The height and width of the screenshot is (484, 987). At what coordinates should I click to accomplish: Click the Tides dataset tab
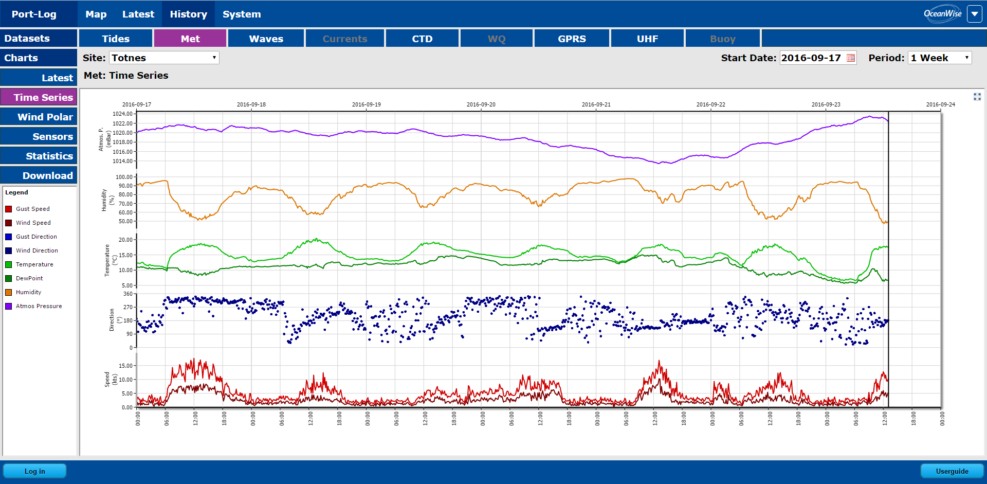click(116, 39)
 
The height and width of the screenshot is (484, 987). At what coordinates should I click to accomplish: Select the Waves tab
click(266, 39)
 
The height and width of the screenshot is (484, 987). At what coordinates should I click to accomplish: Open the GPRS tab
click(572, 39)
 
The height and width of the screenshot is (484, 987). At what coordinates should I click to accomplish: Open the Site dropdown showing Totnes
click(164, 58)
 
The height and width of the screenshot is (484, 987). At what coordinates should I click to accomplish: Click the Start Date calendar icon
click(851, 58)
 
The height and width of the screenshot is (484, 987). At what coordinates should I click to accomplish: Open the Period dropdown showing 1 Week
click(940, 58)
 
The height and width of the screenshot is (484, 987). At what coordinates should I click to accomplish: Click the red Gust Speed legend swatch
click(9, 209)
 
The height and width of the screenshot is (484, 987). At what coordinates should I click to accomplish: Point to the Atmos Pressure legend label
click(39, 306)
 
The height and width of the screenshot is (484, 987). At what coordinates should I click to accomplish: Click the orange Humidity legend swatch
click(9, 292)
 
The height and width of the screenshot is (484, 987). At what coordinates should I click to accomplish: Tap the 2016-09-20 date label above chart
click(481, 104)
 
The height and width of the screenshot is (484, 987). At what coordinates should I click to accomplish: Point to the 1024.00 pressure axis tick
click(122, 114)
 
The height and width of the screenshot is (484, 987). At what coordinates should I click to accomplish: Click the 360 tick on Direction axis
click(127, 294)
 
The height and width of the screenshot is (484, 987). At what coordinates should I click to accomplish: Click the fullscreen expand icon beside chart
click(977, 97)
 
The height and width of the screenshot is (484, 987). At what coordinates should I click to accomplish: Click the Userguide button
click(952, 471)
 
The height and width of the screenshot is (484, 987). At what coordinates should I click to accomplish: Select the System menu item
click(242, 14)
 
